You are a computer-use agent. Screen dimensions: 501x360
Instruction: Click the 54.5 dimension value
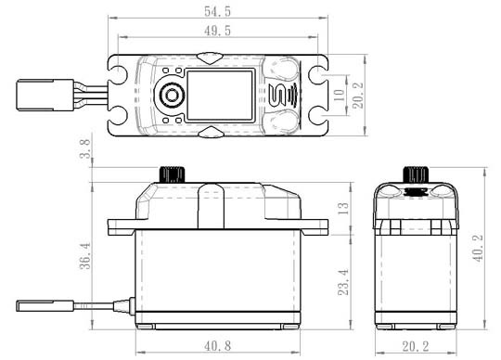coord(217,12)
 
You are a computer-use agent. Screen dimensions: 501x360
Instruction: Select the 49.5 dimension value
coord(217,31)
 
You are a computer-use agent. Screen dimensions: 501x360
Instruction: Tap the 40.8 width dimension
coord(217,346)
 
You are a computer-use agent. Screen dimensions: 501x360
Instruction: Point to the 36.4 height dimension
coord(85,256)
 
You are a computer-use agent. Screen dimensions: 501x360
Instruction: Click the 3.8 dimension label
coord(85,148)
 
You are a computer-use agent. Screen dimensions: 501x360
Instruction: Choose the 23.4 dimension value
coord(343,282)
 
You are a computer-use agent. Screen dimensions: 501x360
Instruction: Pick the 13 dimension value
coord(343,208)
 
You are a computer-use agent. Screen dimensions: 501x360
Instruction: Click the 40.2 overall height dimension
coord(479,249)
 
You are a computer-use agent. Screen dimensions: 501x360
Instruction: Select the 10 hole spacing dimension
coord(339,95)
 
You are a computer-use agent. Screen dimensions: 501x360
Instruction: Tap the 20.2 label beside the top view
coord(358,96)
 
